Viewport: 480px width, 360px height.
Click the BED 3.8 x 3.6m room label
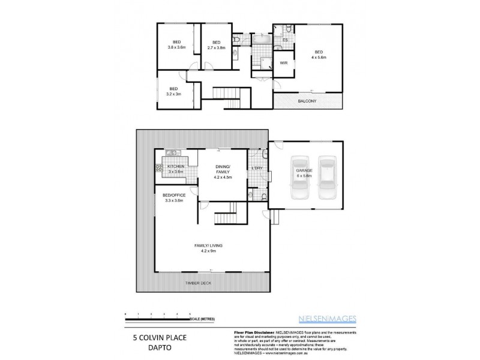click(177, 45)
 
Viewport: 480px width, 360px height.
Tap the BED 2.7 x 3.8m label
click(216, 45)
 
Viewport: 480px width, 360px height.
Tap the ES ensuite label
click(285, 40)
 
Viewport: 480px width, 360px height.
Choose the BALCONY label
click(308, 101)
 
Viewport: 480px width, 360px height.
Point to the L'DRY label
click(258, 167)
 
